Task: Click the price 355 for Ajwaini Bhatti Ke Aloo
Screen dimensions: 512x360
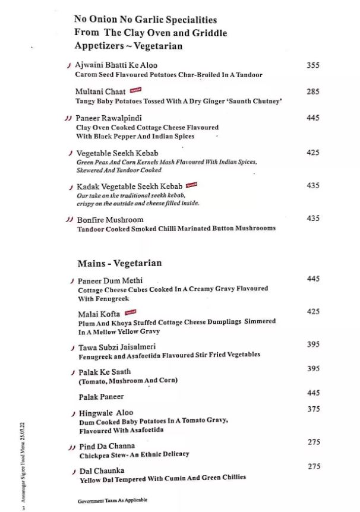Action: [x=313, y=65]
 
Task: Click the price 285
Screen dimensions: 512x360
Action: [x=313, y=92]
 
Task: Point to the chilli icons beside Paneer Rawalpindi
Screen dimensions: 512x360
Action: [x=67, y=118]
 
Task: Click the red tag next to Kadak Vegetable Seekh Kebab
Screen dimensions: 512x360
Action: [x=191, y=185]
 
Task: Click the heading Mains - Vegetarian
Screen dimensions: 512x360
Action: [x=119, y=263]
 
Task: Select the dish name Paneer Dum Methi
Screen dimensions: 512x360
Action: [x=110, y=280]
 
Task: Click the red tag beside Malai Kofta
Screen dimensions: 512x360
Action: [x=131, y=312]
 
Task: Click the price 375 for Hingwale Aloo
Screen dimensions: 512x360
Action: [x=314, y=409]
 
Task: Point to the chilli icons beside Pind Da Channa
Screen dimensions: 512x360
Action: [x=71, y=446]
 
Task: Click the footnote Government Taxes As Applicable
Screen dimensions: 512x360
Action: [x=112, y=500]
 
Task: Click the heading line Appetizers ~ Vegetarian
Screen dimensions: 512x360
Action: [x=128, y=46]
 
